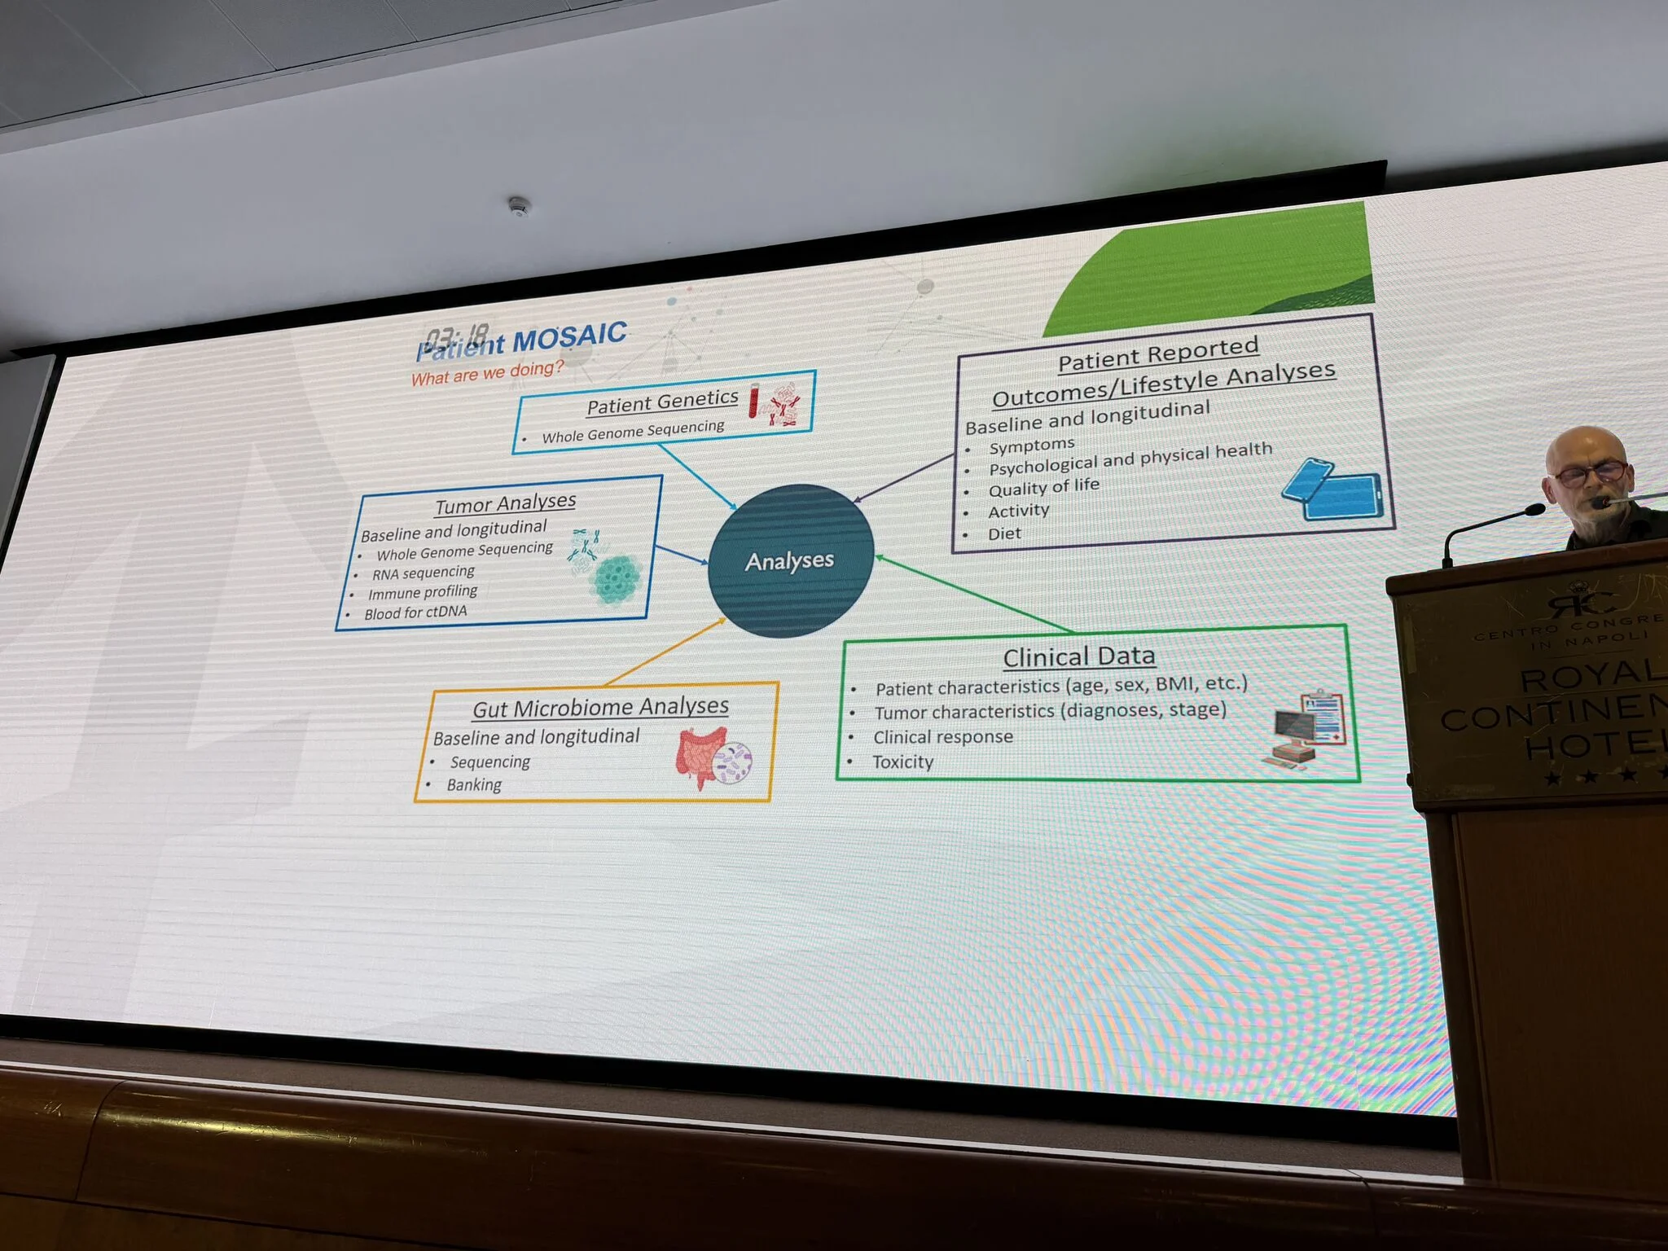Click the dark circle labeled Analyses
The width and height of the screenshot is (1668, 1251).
tap(791, 560)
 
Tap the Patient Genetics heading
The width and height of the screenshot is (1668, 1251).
tap(662, 402)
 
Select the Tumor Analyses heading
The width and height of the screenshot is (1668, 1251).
tap(505, 503)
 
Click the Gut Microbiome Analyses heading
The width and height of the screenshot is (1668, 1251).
tap(600, 707)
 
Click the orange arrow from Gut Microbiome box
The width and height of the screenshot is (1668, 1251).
tap(664, 652)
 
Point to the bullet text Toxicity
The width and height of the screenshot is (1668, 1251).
tap(902, 762)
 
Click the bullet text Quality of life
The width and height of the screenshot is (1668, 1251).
tap(1043, 487)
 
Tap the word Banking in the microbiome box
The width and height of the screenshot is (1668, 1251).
tap(474, 785)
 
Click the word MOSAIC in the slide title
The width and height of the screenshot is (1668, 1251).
tap(570, 336)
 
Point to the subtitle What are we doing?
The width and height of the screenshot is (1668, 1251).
tap(486, 374)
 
